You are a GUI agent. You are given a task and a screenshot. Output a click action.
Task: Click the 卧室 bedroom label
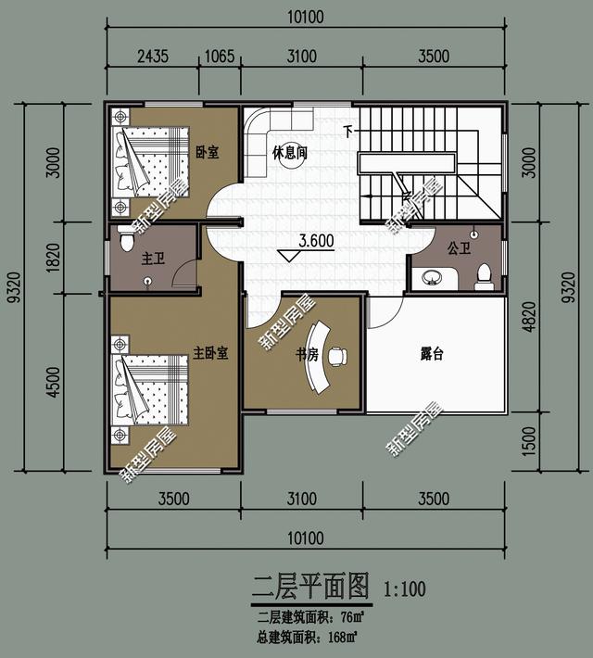click(x=208, y=152)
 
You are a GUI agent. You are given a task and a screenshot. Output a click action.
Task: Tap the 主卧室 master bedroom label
click(x=211, y=353)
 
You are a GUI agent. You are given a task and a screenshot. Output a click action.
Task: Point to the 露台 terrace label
click(x=431, y=353)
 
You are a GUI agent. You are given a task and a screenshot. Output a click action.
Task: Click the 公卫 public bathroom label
click(x=459, y=248)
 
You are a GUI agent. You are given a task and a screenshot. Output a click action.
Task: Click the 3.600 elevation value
click(x=316, y=241)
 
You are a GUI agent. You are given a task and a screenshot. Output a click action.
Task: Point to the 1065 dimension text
click(x=219, y=57)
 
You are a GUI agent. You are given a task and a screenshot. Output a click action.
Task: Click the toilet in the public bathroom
click(x=482, y=273)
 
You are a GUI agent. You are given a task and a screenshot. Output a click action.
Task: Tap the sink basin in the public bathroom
click(x=432, y=276)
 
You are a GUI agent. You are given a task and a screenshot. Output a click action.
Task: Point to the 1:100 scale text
click(x=405, y=588)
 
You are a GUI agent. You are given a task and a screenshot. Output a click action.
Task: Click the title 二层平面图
click(x=310, y=587)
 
